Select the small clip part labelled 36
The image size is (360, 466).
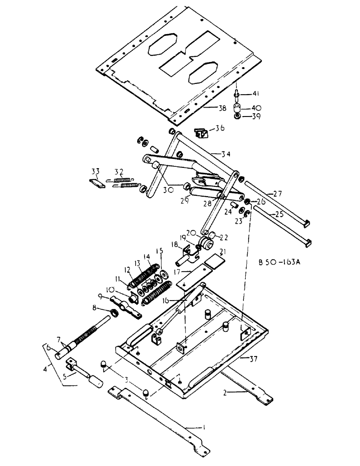click(x=201, y=134)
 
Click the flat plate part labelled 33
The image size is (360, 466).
click(x=97, y=183)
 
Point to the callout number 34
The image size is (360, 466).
click(x=214, y=154)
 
